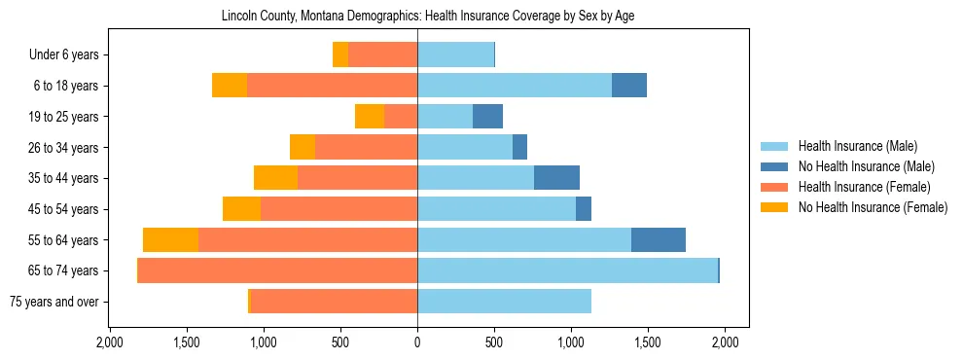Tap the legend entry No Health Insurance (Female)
(873, 207)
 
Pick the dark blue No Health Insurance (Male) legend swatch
(775, 166)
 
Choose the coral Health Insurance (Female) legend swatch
(775, 187)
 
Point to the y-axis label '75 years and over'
(54, 302)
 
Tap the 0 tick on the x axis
(417, 342)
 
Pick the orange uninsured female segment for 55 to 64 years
(170, 239)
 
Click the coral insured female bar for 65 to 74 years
(277, 270)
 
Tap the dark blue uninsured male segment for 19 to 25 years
(487, 117)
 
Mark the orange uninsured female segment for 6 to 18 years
(230, 86)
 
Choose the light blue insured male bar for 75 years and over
(504, 302)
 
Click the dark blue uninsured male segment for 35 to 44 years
(556, 178)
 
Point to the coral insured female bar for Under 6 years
(382, 55)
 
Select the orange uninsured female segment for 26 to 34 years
(303, 147)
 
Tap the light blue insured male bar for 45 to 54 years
(496, 209)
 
